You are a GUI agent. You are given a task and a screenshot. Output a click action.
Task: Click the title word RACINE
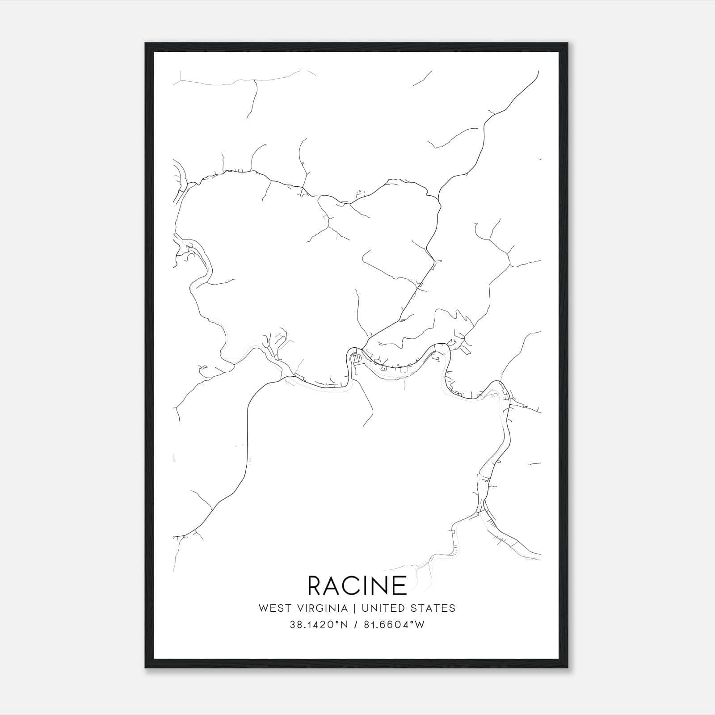357,585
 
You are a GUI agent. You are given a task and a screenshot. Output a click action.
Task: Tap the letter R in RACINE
315,585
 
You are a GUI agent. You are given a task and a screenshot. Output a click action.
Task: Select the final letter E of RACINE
400,585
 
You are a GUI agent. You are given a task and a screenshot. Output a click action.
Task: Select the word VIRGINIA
320,608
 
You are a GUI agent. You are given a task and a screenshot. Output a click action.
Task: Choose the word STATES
433,608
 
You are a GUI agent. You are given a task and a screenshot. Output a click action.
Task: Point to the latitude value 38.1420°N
319,625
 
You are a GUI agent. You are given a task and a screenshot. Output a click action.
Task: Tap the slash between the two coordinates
355,625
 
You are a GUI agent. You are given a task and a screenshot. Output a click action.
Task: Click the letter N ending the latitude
344,625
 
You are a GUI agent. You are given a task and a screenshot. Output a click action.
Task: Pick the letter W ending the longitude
420,625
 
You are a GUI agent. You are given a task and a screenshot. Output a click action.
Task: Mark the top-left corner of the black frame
146,43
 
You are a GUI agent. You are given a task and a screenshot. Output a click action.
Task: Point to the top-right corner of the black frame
568,43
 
